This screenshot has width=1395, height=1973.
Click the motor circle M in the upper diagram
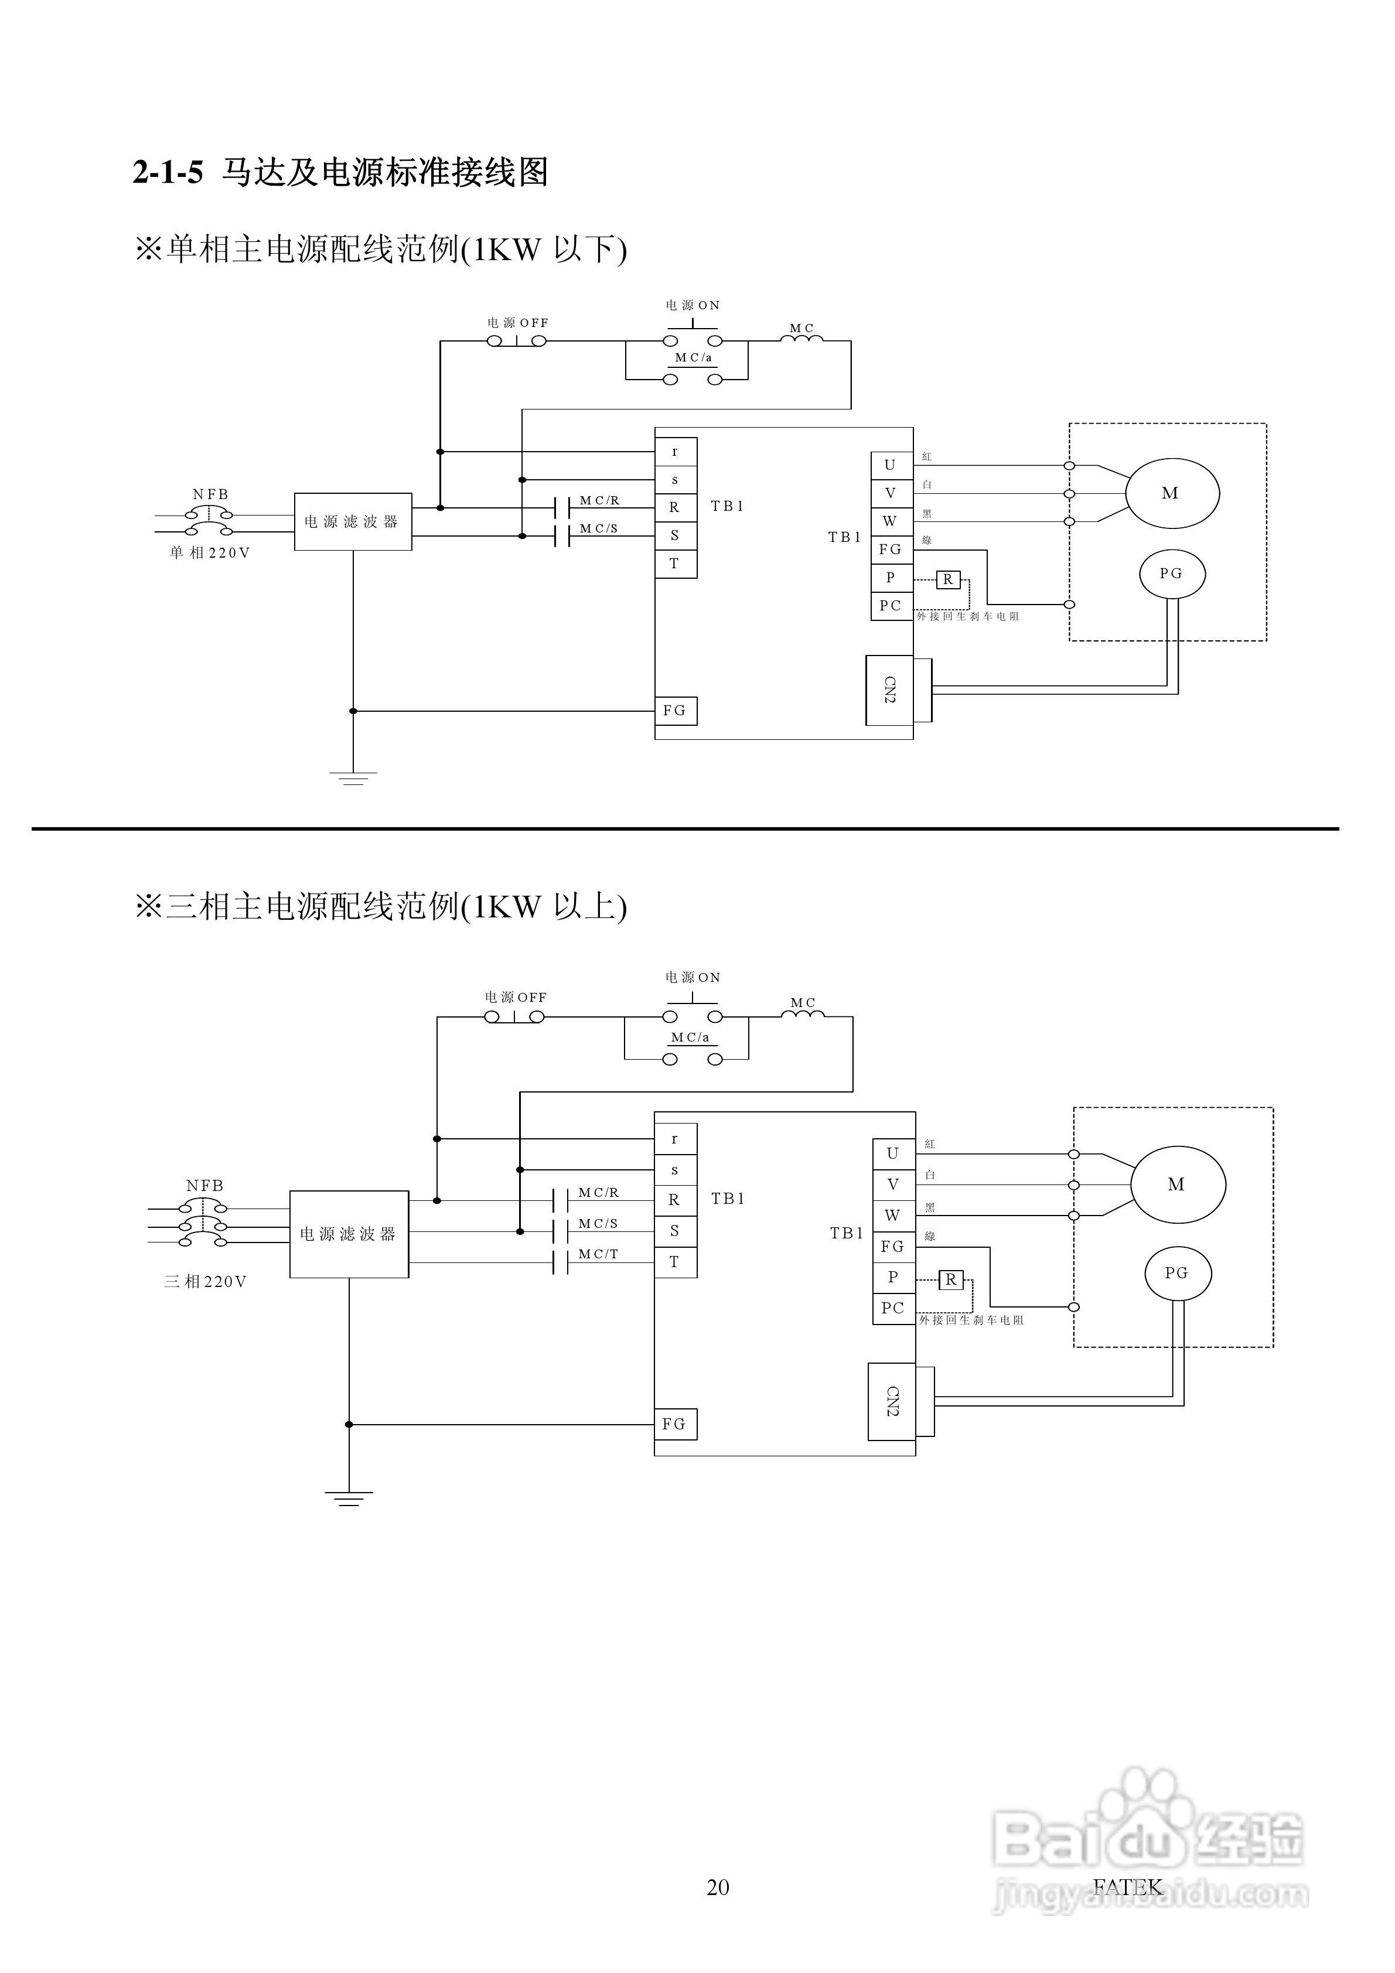click(x=1172, y=493)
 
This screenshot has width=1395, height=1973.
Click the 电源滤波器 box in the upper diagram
click(x=352, y=521)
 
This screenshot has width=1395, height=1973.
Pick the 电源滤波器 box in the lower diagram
click(x=348, y=1234)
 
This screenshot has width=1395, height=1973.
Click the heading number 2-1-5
click(x=168, y=173)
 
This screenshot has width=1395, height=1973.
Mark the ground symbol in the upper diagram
click(x=352, y=779)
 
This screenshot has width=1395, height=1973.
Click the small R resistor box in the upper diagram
click(x=947, y=580)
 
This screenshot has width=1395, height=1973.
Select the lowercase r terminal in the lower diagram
click(x=675, y=1139)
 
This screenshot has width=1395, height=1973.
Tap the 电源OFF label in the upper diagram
click(x=517, y=323)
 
